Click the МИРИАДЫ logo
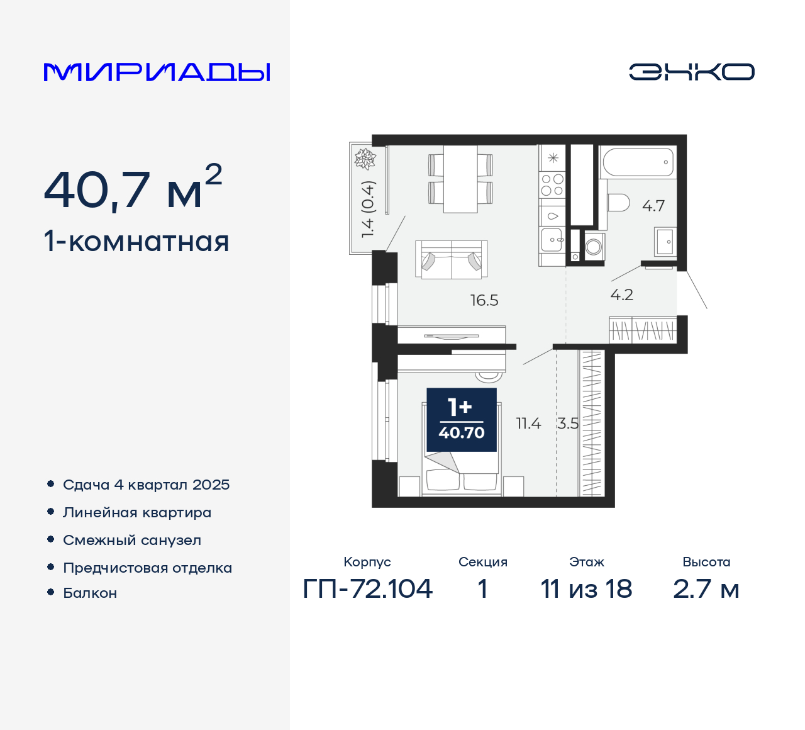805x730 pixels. pyautogui.click(x=157, y=72)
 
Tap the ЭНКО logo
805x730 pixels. pyautogui.click(x=692, y=72)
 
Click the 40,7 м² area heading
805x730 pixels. pyautogui.click(x=133, y=188)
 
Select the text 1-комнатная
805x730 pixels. pyautogui.click(x=136, y=242)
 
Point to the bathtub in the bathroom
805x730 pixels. pyautogui.click(x=638, y=162)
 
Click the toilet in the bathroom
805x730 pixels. pyautogui.click(x=619, y=203)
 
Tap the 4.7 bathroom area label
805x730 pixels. pyautogui.click(x=653, y=206)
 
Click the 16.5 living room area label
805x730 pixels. pyautogui.click(x=484, y=300)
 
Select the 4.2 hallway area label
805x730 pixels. pyautogui.click(x=622, y=295)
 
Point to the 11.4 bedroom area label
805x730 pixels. pyautogui.click(x=528, y=424)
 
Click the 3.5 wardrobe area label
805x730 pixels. pyautogui.click(x=568, y=424)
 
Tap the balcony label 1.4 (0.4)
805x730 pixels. pyautogui.click(x=368, y=209)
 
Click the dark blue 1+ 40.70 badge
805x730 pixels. pyautogui.click(x=462, y=420)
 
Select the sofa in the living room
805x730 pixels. pyautogui.click(x=452, y=259)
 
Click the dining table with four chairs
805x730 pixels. pyautogui.click(x=460, y=179)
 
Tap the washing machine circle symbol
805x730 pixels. pyautogui.click(x=594, y=247)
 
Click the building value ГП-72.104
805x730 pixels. pyautogui.click(x=368, y=589)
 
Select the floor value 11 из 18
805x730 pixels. pyautogui.click(x=586, y=589)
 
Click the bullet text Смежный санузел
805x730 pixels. pyautogui.click(x=132, y=540)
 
